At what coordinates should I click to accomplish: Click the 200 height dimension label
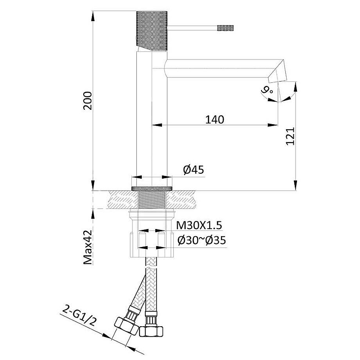tap(87, 101)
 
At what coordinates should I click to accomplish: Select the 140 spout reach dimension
tap(215, 120)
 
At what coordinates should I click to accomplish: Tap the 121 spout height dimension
tap(290, 136)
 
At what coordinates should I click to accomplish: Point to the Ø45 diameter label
tap(193, 170)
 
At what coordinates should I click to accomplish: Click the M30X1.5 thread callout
tap(199, 225)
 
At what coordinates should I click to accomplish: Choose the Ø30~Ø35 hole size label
tap(202, 240)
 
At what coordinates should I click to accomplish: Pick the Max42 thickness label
tap(88, 247)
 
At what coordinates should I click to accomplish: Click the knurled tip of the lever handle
tap(225, 28)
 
